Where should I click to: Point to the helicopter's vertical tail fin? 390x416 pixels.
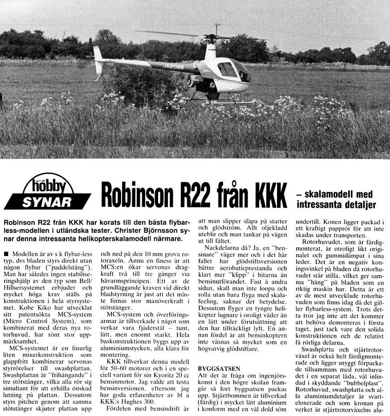(x=98, y=60)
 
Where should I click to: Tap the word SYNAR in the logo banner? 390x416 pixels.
(x=46, y=202)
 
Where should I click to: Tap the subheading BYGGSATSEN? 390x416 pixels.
(x=219, y=369)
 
